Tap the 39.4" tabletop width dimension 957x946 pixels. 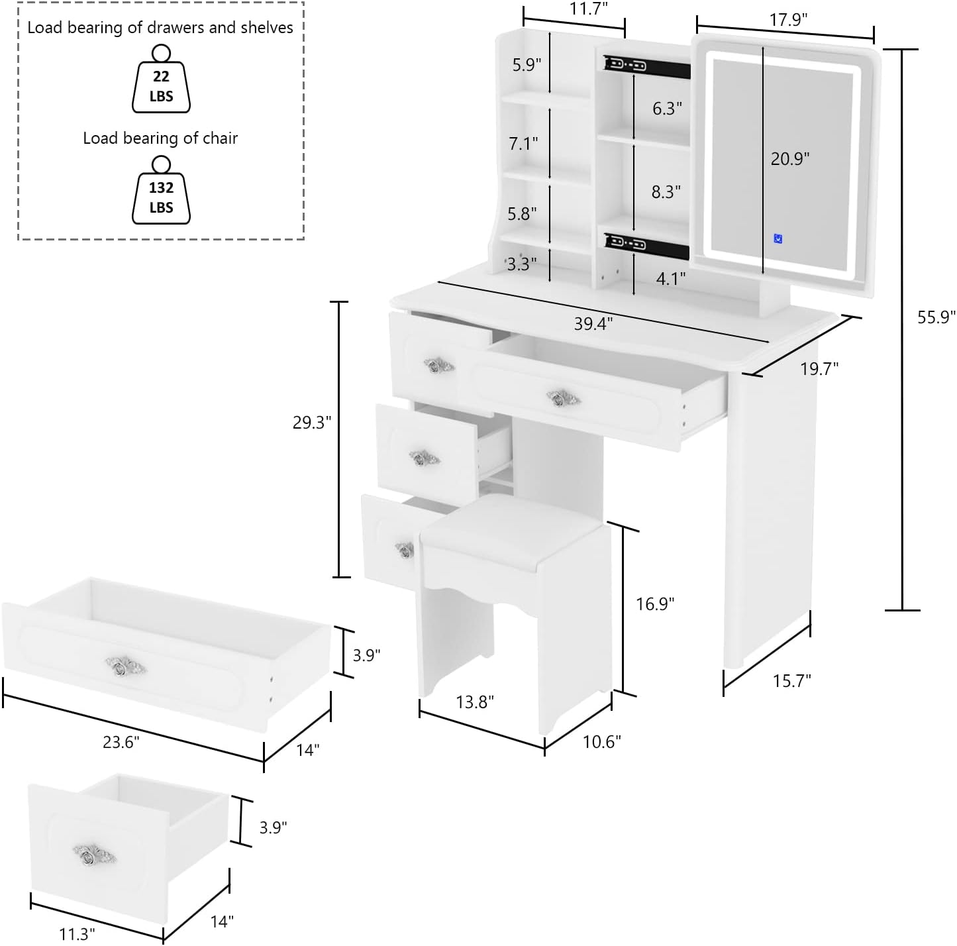593,323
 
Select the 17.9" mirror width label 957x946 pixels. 788,20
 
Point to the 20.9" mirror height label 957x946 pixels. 790,159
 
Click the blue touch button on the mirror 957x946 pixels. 778,238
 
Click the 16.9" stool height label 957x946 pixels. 655,604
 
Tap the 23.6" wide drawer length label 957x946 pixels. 121,742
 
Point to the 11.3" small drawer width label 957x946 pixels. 77,934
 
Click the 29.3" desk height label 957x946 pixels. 312,423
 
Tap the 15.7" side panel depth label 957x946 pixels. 791,680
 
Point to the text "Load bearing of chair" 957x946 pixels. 160,138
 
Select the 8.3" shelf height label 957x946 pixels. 666,192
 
